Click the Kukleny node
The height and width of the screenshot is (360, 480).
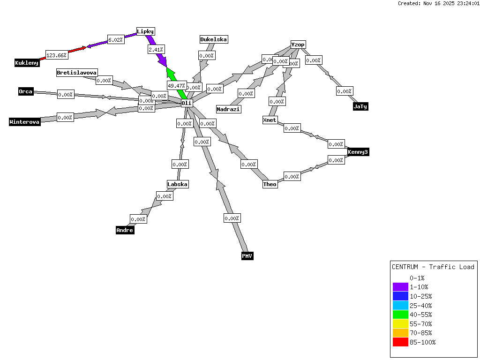(27, 63)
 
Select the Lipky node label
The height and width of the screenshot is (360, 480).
(145, 31)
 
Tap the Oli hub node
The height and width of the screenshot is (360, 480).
(187, 103)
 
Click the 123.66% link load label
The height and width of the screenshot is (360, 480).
(56, 55)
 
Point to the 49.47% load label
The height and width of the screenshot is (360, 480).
(176, 86)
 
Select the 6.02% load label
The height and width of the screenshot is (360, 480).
(115, 40)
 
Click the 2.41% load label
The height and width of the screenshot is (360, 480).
(156, 49)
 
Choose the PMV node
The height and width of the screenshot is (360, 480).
(247, 256)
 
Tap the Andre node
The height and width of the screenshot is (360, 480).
(125, 230)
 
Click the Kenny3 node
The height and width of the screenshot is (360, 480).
(358, 152)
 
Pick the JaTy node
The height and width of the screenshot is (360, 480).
(360, 106)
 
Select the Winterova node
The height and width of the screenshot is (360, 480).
(25, 122)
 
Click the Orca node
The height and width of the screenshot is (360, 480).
(26, 91)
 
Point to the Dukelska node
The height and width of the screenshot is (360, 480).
(214, 39)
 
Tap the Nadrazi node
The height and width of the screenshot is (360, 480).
(228, 109)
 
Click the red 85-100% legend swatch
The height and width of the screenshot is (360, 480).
(400, 342)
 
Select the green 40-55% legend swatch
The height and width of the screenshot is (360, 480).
(400, 315)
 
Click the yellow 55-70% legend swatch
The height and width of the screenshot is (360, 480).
(400, 324)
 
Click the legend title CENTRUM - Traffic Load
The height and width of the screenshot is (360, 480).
(433, 267)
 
